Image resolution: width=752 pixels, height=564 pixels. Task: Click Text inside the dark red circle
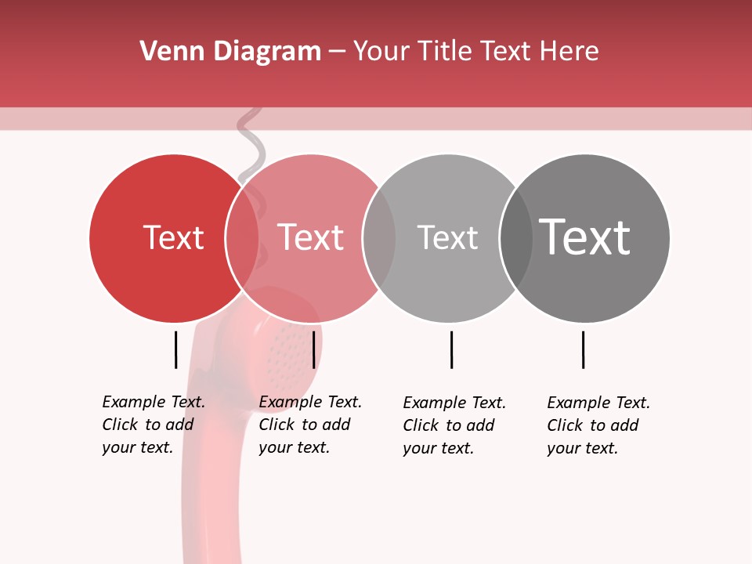pyautogui.click(x=173, y=237)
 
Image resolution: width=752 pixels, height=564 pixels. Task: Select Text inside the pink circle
pyautogui.click(x=310, y=237)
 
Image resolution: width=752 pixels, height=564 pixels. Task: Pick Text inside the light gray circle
pyautogui.click(x=447, y=237)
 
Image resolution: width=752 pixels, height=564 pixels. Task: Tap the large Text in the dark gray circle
pyautogui.click(x=584, y=237)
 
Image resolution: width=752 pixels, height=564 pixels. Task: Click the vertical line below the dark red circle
pyautogui.click(x=175, y=349)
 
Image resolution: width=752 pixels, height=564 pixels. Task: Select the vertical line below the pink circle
pyautogui.click(x=313, y=349)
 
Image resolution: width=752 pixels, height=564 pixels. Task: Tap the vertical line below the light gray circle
pyautogui.click(x=451, y=349)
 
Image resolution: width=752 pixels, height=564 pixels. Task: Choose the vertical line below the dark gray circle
pyautogui.click(x=583, y=349)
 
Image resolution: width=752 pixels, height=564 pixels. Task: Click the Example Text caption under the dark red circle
pyautogui.click(x=154, y=425)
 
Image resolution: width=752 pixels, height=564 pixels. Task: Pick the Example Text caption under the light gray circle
pyautogui.click(x=454, y=425)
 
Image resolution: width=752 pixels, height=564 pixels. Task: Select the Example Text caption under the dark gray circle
pyautogui.click(x=598, y=425)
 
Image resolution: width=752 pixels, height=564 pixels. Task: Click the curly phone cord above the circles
pyautogui.click(x=250, y=141)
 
